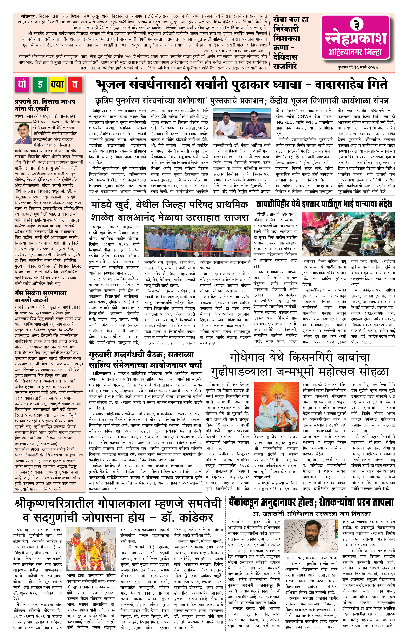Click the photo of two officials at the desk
(243, 125)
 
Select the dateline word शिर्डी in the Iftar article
(261, 214)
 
